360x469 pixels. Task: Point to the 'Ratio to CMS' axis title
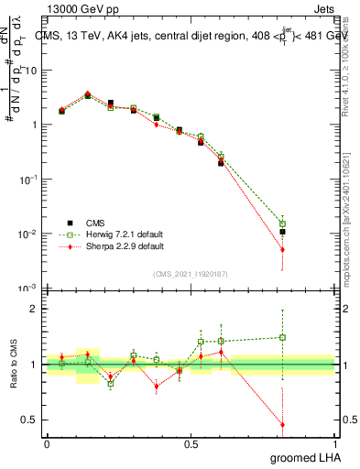[12, 364]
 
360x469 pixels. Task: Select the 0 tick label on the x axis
[47, 443]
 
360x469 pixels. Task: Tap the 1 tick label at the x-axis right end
[335, 443]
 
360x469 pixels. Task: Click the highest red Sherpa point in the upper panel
[88, 93]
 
